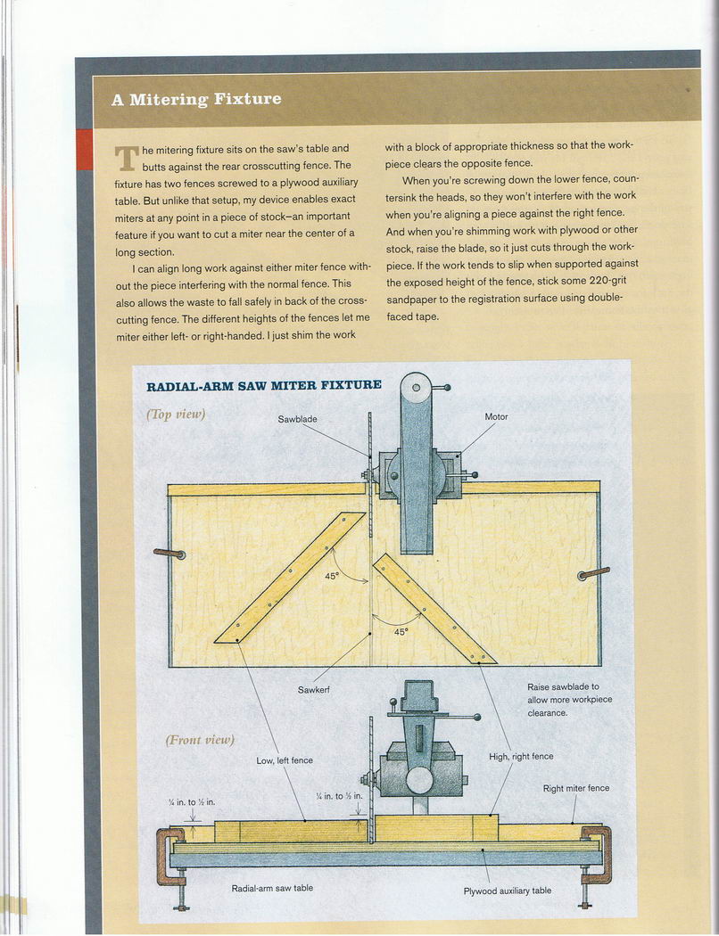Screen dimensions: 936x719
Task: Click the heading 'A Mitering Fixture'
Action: point(195,99)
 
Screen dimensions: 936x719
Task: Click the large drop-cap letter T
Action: point(127,158)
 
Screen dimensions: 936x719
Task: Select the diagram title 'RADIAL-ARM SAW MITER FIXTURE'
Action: point(263,385)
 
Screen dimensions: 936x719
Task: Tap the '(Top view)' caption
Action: point(177,414)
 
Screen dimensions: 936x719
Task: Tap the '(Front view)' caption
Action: point(199,740)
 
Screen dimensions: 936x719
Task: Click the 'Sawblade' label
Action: point(297,418)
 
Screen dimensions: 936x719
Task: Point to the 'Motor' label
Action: point(496,416)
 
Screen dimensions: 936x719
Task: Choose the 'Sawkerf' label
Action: point(315,690)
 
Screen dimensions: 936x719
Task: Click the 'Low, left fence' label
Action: point(285,760)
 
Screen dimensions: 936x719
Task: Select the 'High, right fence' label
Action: point(521,756)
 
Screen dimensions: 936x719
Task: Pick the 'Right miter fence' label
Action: point(576,788)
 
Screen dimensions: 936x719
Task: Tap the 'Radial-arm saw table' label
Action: point(272,888)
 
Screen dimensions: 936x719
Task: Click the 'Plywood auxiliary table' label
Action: point(507,890)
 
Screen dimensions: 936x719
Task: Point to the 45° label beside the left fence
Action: point(332,576)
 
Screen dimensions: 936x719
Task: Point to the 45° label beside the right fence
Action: point(401,631)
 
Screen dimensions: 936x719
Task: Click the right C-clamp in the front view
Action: point(597,854)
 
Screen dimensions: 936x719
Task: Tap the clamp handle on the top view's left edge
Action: point(169,554)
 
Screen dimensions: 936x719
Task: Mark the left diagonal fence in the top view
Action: point(290,578)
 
